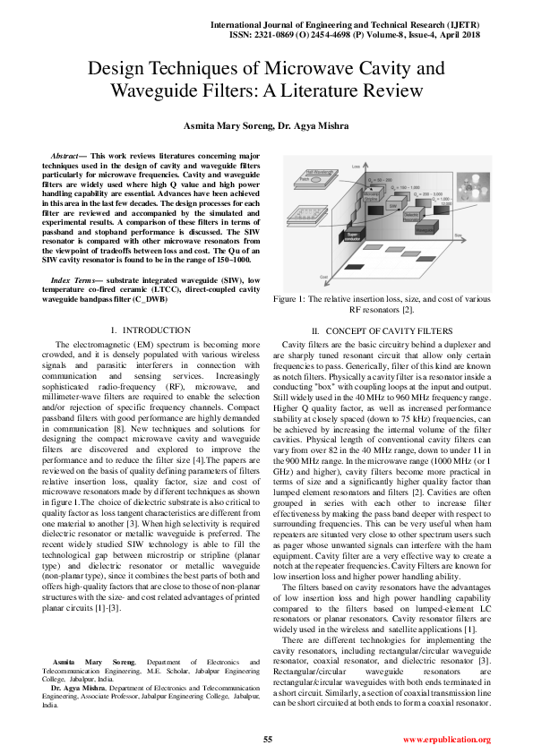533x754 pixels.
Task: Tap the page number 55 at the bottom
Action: click(x=267, y=739)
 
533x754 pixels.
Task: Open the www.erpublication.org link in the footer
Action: click(x=446, y=740)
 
